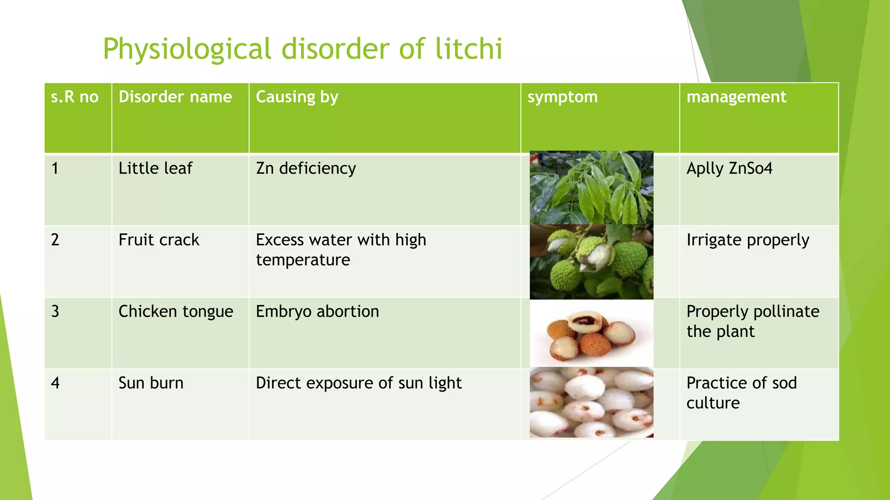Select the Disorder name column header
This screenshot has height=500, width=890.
tap(175, 97)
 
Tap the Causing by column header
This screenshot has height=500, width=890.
tap(297, 97)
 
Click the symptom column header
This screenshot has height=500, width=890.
tap(562, 97)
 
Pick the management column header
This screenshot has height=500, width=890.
tap(736, 97)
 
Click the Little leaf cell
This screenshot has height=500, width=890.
tap(155, 168)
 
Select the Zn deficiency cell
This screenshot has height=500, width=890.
tap(306, 168)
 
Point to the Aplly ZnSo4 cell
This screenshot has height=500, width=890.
tap(729, 168)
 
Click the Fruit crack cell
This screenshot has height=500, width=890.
tap(159, 240)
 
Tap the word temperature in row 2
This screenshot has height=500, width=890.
tap(303, 260)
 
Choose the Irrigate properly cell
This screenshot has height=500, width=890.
tap(747, 240)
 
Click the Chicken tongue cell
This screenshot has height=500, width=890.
tap(176, 312)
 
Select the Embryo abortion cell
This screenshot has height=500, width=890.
tap(317, 312)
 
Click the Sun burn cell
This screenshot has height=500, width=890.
tap(151, 383)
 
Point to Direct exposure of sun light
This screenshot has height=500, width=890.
tap(359, 383)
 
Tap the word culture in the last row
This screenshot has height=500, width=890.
tap(713, 403)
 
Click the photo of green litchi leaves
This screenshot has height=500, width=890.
tap(591, 187)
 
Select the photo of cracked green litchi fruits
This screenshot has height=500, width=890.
tap(591, 262)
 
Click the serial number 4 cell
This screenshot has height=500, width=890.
tap(55, 383)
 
